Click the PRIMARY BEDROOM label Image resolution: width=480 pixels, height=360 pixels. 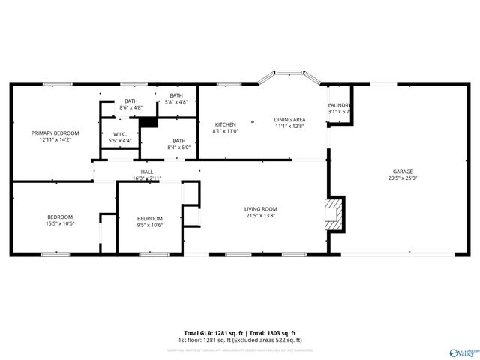[50, 133]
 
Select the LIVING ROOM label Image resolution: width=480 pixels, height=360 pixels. [261, 209]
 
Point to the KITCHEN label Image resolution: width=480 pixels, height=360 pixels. [226, 124]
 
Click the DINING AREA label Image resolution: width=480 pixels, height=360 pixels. [289, 120]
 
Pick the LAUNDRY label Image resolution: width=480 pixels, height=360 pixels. [339, 105]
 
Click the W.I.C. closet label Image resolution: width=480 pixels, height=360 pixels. [120, 134]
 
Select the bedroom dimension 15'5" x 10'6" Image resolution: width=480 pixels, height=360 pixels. [61, 223]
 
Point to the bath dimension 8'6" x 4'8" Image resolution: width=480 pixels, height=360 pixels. [131, 108]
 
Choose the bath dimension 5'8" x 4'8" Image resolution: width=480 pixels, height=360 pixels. [175, 102]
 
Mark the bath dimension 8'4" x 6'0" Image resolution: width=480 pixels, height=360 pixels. [179, 147]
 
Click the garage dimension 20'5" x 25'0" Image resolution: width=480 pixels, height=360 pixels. [402, 178]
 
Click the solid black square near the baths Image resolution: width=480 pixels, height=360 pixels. [148, 121]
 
